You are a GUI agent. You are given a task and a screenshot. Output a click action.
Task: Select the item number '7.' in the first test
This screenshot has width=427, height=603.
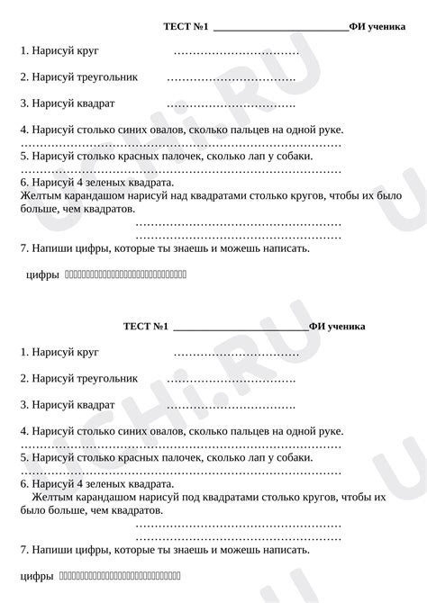(x=23, y=247)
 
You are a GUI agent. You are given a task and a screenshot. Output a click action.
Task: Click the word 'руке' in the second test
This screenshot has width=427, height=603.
(x=327, y=432)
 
